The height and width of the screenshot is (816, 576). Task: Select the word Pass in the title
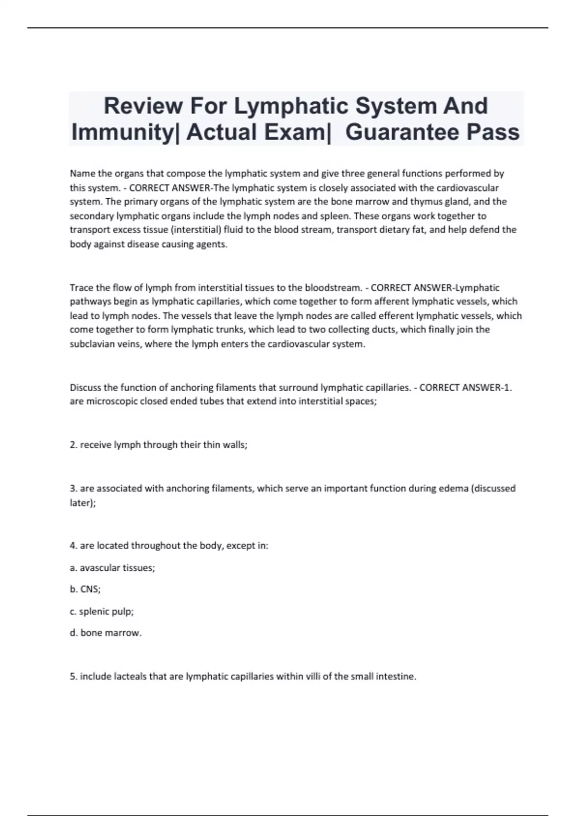493,132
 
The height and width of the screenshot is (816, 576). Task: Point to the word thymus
436,202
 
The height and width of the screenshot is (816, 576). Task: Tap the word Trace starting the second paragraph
82,288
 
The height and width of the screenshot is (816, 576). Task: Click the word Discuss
85,387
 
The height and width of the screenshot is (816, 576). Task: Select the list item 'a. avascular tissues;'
112,568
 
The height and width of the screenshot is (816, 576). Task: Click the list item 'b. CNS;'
85,589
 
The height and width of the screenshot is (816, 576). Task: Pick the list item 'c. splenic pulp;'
102,612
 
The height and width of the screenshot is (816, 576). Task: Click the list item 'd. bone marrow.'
106,633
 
